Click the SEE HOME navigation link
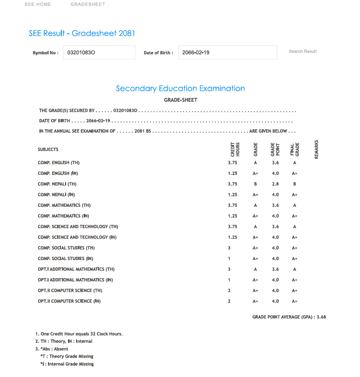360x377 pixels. [x=38, y=4]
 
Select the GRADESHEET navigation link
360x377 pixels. [x=88, y=4]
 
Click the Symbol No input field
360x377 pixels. [x=99, y=52]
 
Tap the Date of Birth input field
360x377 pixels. [x=227, y=52]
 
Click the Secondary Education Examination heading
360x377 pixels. [x=180, y=88]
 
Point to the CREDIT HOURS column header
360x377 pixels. [x=235, y=149]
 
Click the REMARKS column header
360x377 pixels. [x=316, y=149]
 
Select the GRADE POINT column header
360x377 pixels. [x=275, y=149]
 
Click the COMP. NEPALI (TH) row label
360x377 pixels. [x=57, y=184]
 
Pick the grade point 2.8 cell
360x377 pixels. [x=275, y=184]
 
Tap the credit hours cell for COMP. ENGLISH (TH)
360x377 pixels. [x=232, y=163]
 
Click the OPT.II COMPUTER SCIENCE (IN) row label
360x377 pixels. [x=69, y=301]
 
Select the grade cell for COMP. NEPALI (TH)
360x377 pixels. [x=255, y=184]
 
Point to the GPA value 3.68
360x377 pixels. [x=321, y=317]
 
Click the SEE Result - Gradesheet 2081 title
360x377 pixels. [x=82, y=33]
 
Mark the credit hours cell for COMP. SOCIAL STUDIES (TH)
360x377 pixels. [x=229, y=248]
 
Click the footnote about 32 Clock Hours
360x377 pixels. [x=79, y=334]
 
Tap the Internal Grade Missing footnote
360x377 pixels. [x=67, y=364]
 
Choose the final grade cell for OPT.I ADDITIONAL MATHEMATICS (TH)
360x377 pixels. [x=295, y=269]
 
